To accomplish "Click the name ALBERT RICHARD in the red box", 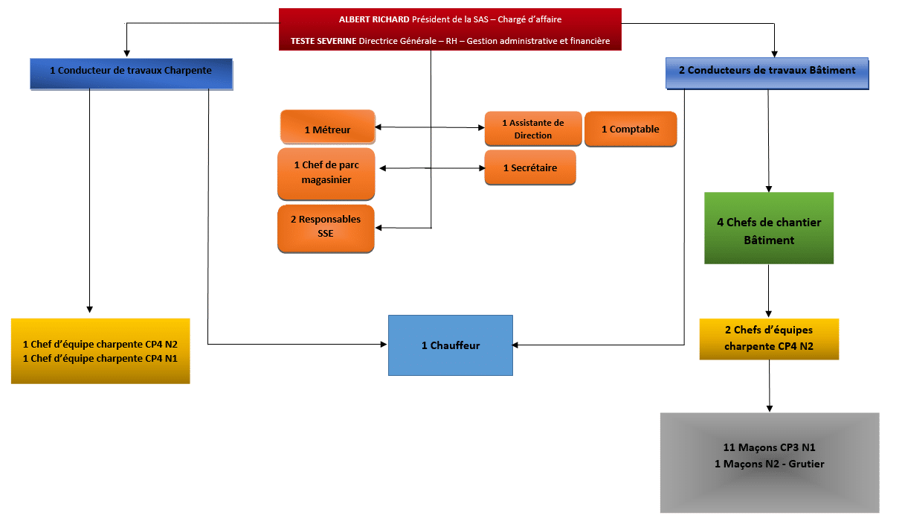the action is (374, 19).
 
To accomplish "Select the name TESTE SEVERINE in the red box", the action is (323, 41).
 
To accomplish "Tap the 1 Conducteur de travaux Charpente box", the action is (132, 74).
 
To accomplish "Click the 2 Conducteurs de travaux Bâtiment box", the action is (767, 73).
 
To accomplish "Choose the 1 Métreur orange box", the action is (327, 127).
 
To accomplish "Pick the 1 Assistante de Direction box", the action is (532, 129).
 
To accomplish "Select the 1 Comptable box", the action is (631, 129).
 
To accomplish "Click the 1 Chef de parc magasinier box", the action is (326, 173).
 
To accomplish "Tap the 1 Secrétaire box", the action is (530, 167).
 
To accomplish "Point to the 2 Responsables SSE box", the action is (326, 229).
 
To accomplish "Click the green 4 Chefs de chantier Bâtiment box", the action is (769, 229).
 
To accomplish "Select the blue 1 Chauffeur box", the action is (450, 345).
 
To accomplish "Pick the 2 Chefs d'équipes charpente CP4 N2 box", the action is (769, 339).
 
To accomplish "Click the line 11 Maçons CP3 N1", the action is (769, 447).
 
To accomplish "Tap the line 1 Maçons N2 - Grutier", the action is (769, 464).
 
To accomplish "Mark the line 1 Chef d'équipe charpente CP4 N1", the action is (100, 358).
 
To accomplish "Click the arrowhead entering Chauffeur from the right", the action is (515, 345).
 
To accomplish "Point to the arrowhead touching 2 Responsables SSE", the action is (378, 228).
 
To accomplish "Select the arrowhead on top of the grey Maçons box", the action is (770, 409).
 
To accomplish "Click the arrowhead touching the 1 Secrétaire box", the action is (482, 168).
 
